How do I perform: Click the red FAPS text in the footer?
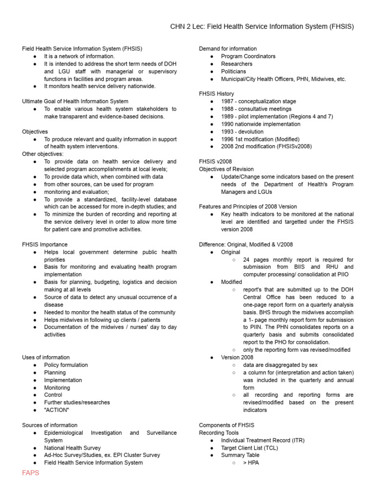point(30,473)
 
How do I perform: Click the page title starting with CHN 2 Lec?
point(261,26)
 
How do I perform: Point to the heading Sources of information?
point(49,425)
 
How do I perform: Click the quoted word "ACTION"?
point(56,410)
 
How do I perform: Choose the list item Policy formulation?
point(66,365)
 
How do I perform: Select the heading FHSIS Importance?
point(45,245)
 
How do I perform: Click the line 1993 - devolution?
point(242,132)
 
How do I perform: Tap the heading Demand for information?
point(228,49)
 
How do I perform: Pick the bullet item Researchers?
point(236,64)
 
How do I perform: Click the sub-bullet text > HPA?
point(251,463)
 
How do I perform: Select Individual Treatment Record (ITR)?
point(262,440)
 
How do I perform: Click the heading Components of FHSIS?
point(226,425)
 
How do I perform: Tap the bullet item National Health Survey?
point(72,448)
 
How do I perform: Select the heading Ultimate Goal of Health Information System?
point(75,101)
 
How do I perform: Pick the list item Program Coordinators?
point(248,56)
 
